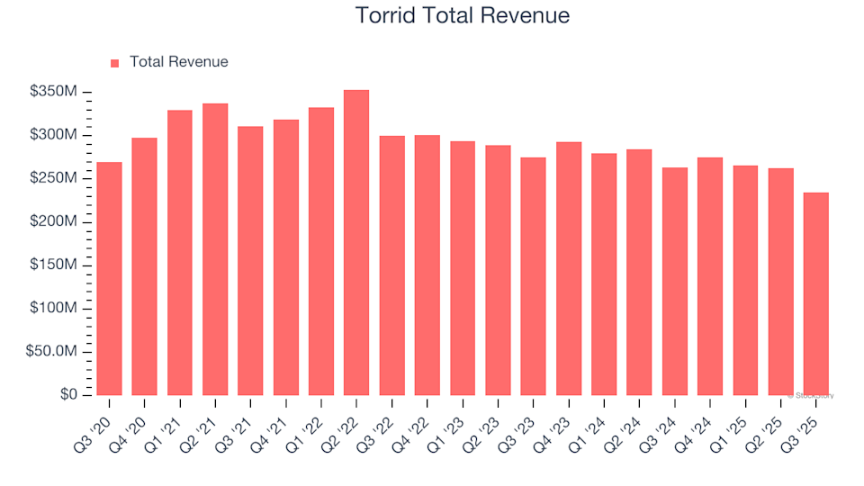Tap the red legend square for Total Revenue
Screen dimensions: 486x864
click(x=114, y=63)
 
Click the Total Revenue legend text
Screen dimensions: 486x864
click(x=178, y=62)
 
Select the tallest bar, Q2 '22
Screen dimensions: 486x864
click(x=356, y=243)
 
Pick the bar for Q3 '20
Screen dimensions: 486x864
click(x=109, y=279)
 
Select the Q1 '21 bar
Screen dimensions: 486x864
click(x=180, y=253)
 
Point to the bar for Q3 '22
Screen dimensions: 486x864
click(x=391, y=265)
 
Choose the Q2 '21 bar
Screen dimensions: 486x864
click(x=215, y=249)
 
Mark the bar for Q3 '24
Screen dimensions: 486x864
click(x=675, y=282)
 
